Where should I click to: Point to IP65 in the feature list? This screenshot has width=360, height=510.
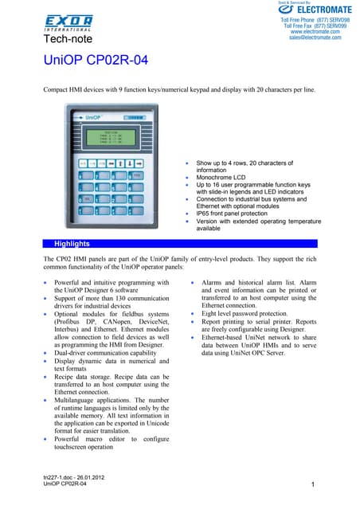point(204,214)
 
